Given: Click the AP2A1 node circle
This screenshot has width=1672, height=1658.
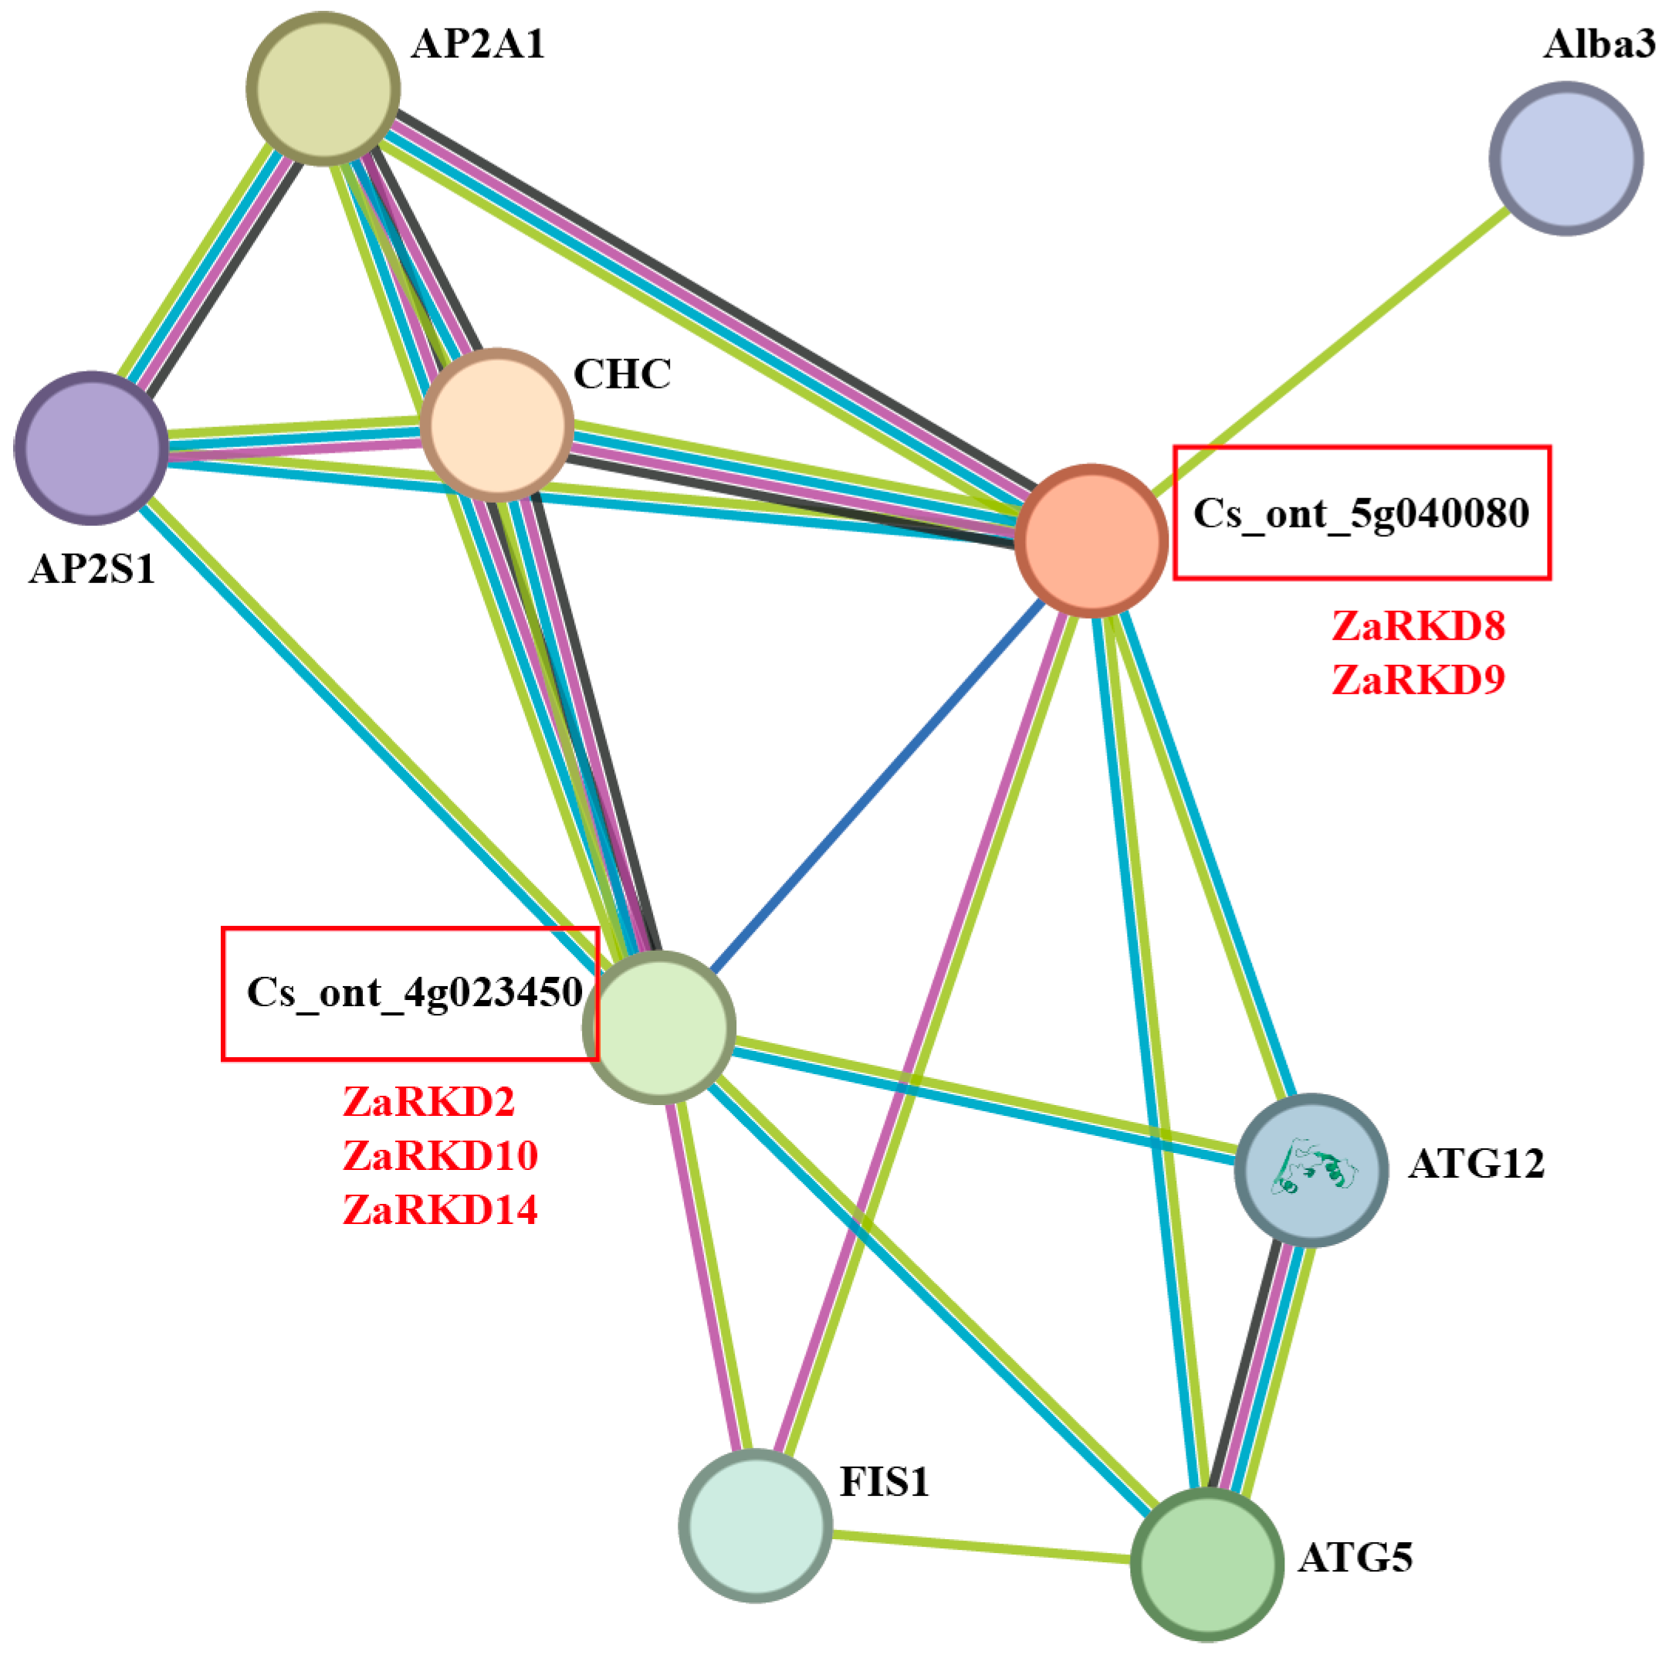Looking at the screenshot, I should click(323, 88).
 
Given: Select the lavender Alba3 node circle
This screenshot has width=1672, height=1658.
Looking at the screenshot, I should click(1565, 158).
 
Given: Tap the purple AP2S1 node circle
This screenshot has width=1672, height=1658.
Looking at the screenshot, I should click(91, 448).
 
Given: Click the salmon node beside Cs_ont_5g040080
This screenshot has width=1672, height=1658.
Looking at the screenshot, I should click(1091, 541).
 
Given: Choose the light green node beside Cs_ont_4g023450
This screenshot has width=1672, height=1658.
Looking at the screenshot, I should click(659, 1027).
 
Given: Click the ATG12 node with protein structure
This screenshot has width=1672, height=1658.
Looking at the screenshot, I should click(1311, 1170).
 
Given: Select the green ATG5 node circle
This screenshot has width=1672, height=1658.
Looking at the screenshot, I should click(1207, 1564).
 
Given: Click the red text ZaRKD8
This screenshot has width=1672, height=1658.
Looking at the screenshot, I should click(1417, 627).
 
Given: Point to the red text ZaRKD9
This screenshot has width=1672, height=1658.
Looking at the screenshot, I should click(1417, 680).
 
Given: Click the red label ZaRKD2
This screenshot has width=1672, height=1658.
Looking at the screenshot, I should click(428, 1102).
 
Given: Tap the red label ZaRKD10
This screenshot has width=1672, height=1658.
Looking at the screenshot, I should click(440, 1156).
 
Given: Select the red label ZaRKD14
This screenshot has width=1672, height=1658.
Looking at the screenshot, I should click(440, 1209).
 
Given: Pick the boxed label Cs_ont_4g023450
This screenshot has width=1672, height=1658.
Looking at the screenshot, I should click(413, 992).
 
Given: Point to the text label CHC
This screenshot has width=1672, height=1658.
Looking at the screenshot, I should click(621, 374).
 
